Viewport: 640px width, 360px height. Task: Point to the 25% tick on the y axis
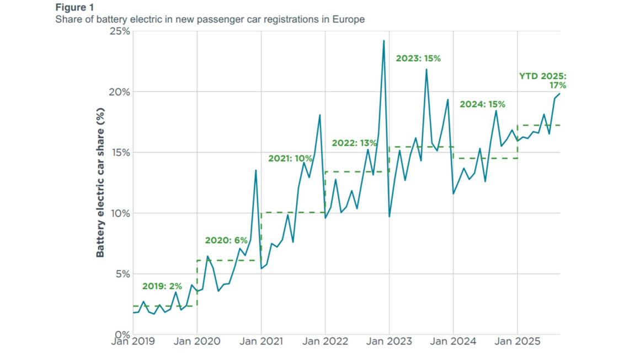pos(119,31)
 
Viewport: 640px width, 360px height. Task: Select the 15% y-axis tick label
pos(119,152)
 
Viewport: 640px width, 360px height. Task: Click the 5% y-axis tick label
pos(121,274)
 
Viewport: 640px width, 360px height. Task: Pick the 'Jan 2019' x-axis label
pos(133,341)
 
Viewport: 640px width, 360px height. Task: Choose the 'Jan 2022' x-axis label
pos(326,341)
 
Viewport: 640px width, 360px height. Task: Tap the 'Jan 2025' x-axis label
pos(518,341)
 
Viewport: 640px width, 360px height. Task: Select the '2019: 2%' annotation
pos(162,286)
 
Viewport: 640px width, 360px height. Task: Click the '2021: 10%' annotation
pos(290,158)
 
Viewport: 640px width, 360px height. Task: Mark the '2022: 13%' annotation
pos(354,143)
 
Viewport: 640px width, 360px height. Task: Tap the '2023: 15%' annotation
pos(418,58)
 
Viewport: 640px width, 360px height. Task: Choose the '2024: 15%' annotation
pos(482,104)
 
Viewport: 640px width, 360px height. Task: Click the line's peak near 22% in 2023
pos(426,69)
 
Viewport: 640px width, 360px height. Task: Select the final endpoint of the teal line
pos(559,94)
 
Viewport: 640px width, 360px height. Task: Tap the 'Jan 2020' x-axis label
pos(198,341)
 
